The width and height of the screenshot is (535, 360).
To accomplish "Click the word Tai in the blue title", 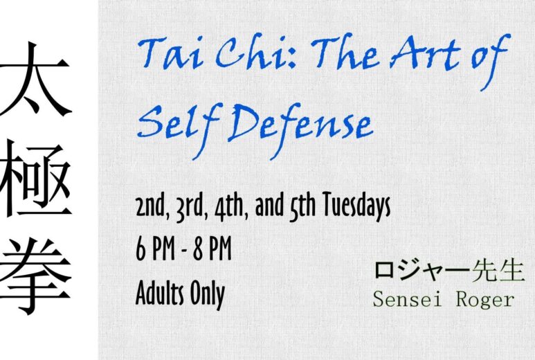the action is pyautogui.click(x=170, y=53).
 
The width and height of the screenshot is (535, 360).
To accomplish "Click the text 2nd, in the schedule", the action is pyautogui.click(x=152, y=206).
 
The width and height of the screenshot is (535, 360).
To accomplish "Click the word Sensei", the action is pyautogui.click(x=407, y=299).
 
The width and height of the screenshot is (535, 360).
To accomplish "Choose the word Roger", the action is pyautogui.click(x=486, y=300).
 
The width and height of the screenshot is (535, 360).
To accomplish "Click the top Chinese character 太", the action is pyautogui.click(x=34, y=79).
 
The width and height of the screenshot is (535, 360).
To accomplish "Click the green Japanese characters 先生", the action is pyautogui.click(x=498, y=271).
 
